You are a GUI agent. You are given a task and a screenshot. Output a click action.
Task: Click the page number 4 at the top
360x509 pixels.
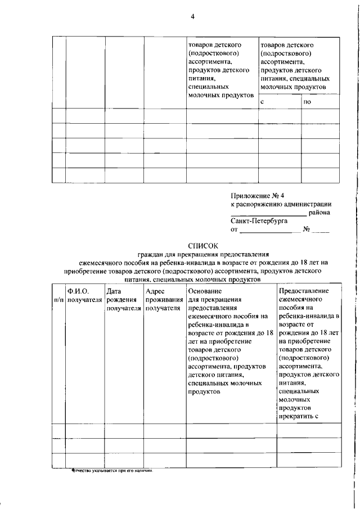(192, 17)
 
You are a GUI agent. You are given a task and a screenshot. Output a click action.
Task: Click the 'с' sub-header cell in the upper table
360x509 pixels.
(263, 102)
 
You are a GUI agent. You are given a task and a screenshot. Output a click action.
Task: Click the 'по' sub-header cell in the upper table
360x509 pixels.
(307, 102)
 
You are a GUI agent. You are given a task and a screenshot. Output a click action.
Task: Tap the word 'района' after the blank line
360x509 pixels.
(319, 213)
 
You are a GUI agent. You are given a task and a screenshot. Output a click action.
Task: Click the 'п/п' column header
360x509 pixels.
(58, 300)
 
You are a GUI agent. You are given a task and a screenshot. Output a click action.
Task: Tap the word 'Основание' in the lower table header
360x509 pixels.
(205, 291)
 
